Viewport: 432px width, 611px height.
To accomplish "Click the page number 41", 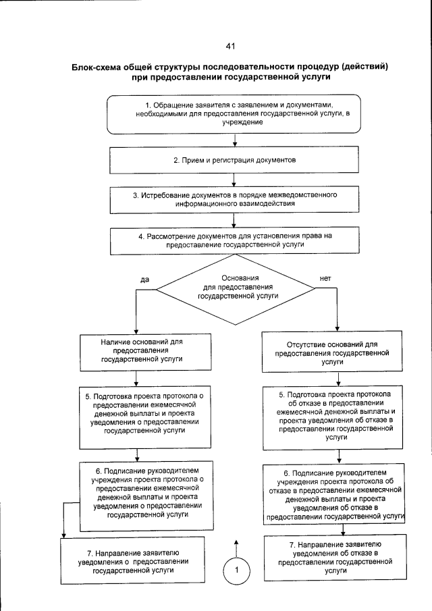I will point(230,47).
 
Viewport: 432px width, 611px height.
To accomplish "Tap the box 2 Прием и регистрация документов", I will point(234,161).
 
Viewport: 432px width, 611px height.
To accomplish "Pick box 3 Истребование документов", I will point(234,198).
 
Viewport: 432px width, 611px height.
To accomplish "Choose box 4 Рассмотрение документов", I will point(234,241).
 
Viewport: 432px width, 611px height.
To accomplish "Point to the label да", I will point(144,279).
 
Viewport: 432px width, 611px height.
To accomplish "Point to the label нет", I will point(325,278).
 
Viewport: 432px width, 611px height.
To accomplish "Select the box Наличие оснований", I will point(137,351).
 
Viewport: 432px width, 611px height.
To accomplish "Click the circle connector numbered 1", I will point(237,570).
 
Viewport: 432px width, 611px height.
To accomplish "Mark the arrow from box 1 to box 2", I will point(234,141).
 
